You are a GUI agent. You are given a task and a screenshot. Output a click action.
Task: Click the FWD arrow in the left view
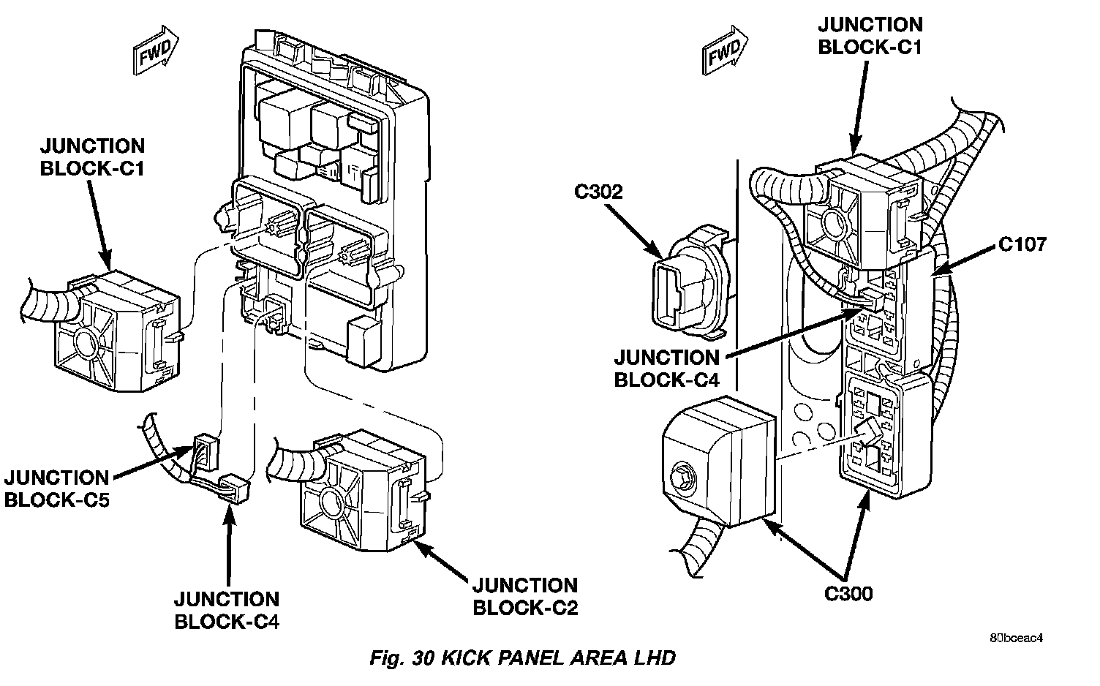tap(156, 50)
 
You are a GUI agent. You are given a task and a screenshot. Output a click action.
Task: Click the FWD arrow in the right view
tap(725, 50)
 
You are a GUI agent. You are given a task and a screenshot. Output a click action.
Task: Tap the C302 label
tap(598, 192)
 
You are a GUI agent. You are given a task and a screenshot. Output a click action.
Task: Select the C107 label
tap(1022, 244)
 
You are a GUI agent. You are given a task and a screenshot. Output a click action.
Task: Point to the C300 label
tap(848, 594)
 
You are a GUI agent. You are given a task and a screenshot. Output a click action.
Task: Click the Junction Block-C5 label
tap(56, 489)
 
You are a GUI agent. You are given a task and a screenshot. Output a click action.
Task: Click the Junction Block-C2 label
tap(525, 597)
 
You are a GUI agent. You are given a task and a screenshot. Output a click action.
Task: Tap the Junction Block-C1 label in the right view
tap(870, 36)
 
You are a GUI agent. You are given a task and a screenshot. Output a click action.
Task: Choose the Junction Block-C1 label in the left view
tap(92, 157)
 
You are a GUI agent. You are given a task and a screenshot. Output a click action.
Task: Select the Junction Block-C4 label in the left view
tap(227, 611)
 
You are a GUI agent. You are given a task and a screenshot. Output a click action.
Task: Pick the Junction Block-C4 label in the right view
tap(666, 369)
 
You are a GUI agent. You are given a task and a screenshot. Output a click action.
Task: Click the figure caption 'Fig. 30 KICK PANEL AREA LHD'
tap(522, 658)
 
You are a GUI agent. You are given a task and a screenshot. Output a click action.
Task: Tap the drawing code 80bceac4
tap(1016, 638)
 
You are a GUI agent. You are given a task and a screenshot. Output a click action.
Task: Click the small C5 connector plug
tap(206, 453)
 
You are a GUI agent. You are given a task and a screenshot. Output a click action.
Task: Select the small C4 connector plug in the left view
tap(236, 489)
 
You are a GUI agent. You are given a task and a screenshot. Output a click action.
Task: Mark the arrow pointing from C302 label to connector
tap(635, 231)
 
